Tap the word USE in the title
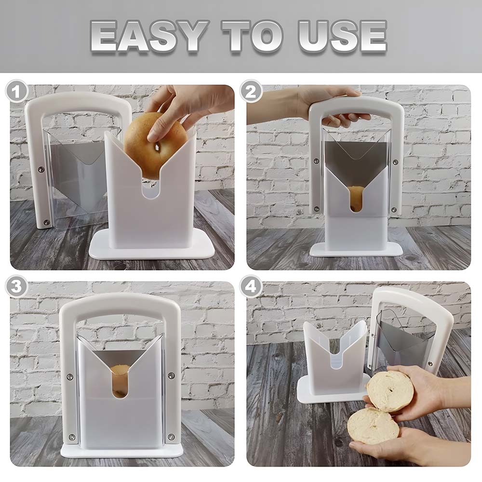(342, 36)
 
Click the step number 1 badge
(17, 92)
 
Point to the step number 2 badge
(251, 92)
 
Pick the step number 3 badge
(17, 286)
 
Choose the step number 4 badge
(251, 286)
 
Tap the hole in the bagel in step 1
(158, 147)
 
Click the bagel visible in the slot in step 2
(356, 198)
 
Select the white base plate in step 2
(356, 250)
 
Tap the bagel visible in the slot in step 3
(120, 380)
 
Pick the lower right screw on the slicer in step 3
(171, 437)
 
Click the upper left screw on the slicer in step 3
(70, 376)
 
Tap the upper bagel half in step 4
(390, 391)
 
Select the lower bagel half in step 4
(373, 426)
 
